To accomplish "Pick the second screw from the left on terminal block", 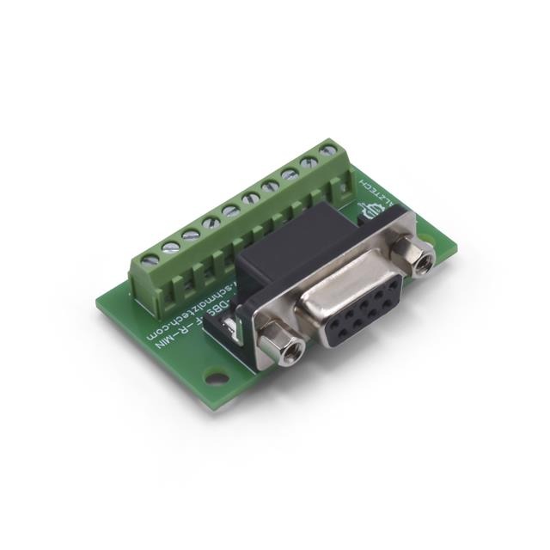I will pyautogui.click(x=170, y=246).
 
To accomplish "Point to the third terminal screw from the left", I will pyautogui.click(x=191, y=234).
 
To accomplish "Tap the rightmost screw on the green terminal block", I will pyautogui.click(x=327, y=150).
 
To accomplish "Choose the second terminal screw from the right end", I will pyautogui.click(x=309, y=162).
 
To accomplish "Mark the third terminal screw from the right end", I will pyautogui.click(x=290, y=174).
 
